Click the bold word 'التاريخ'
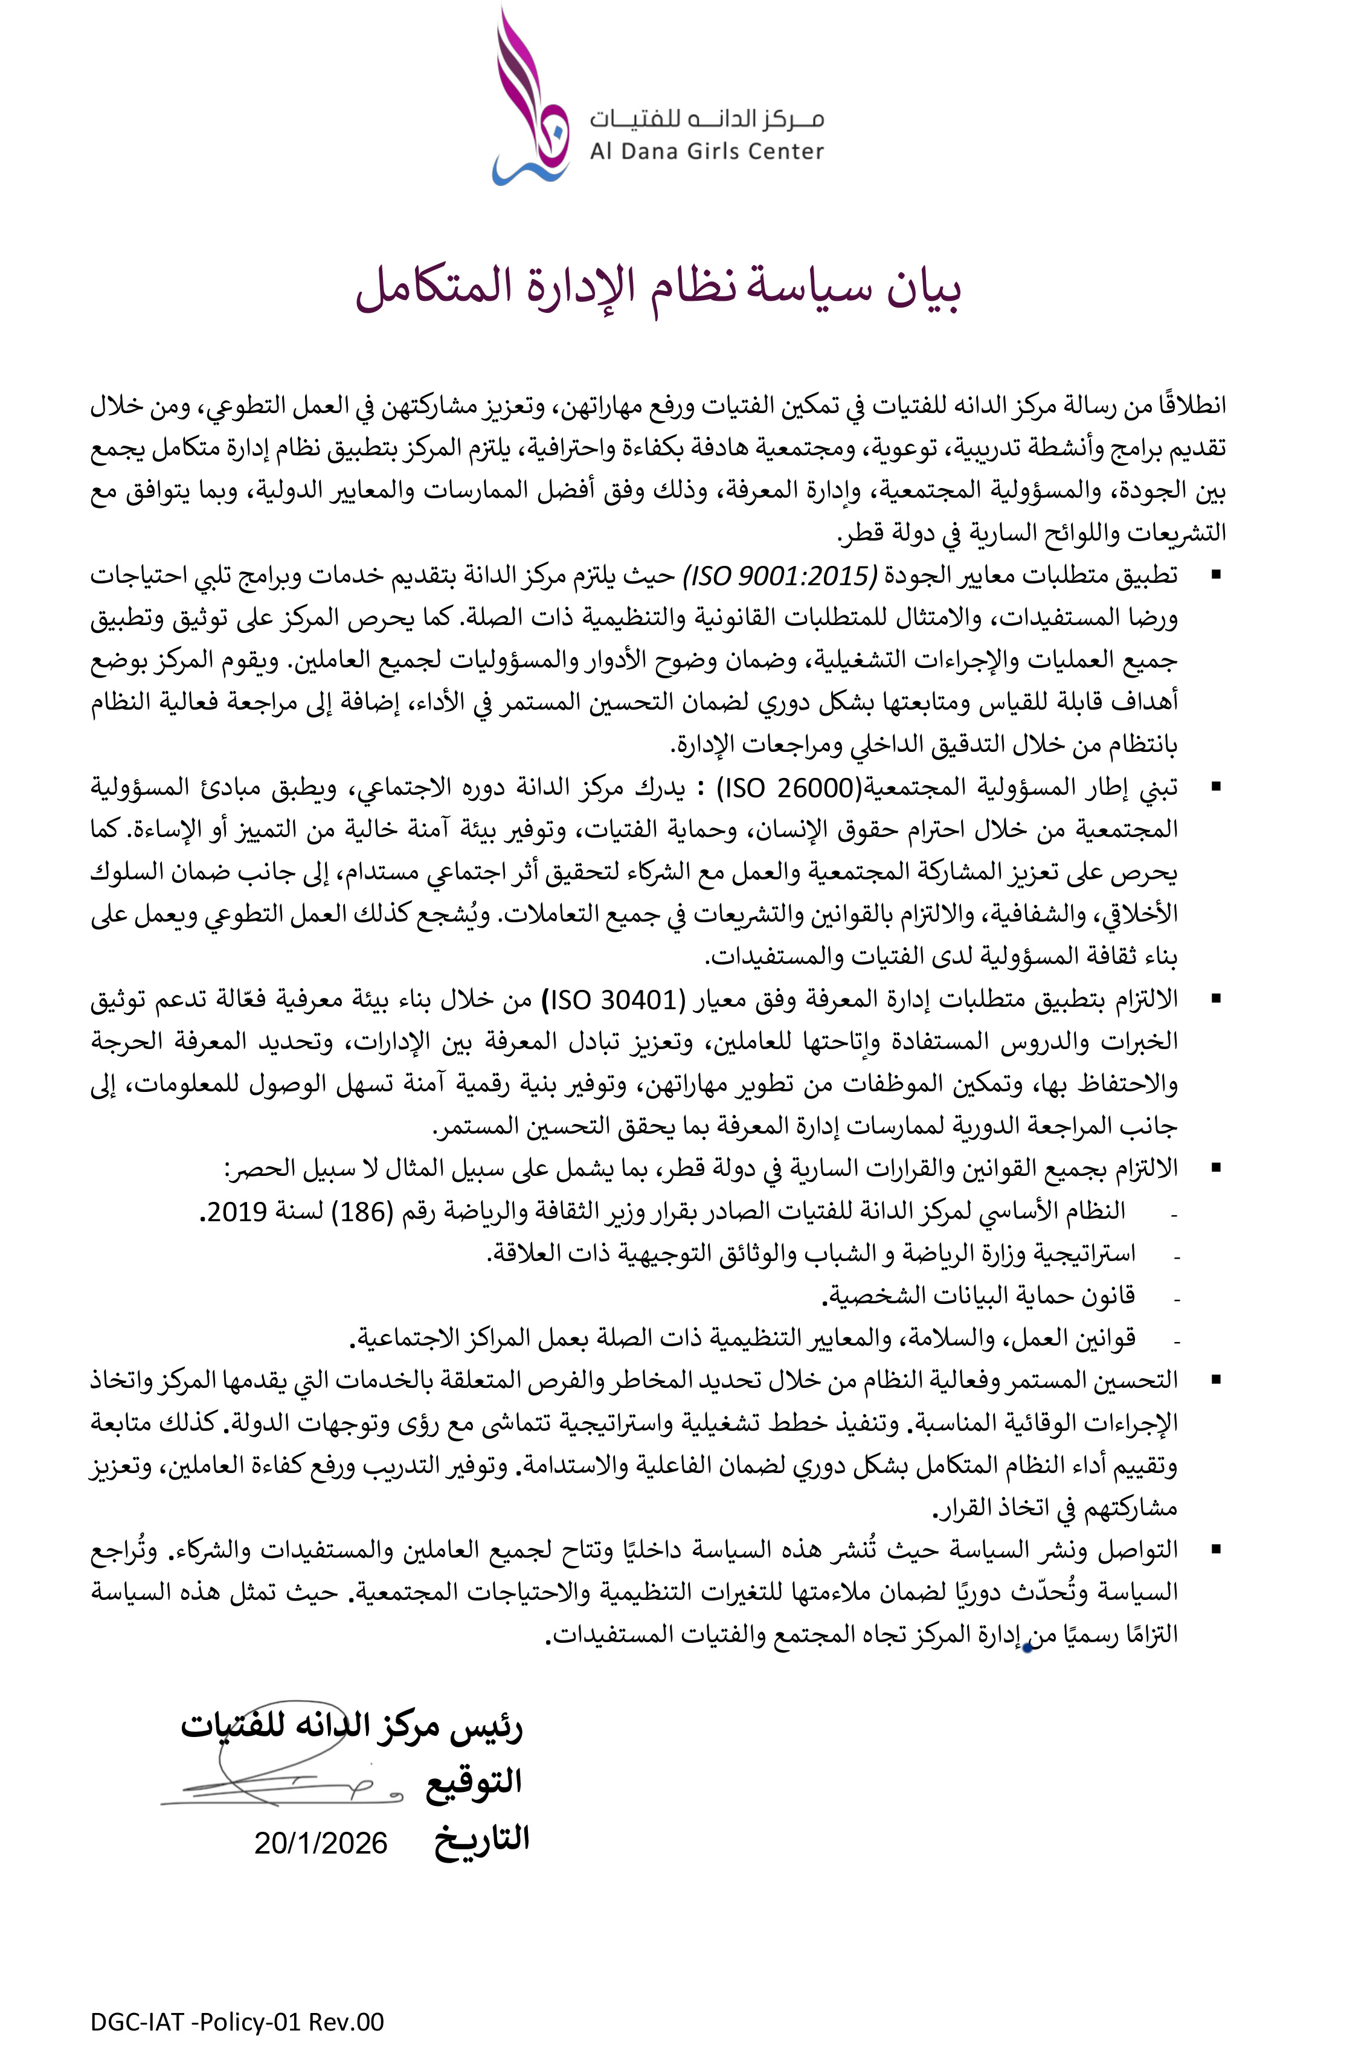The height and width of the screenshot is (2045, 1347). (x=481, y=1839)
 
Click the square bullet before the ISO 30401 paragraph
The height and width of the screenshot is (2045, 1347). (x=1215, y=998)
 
